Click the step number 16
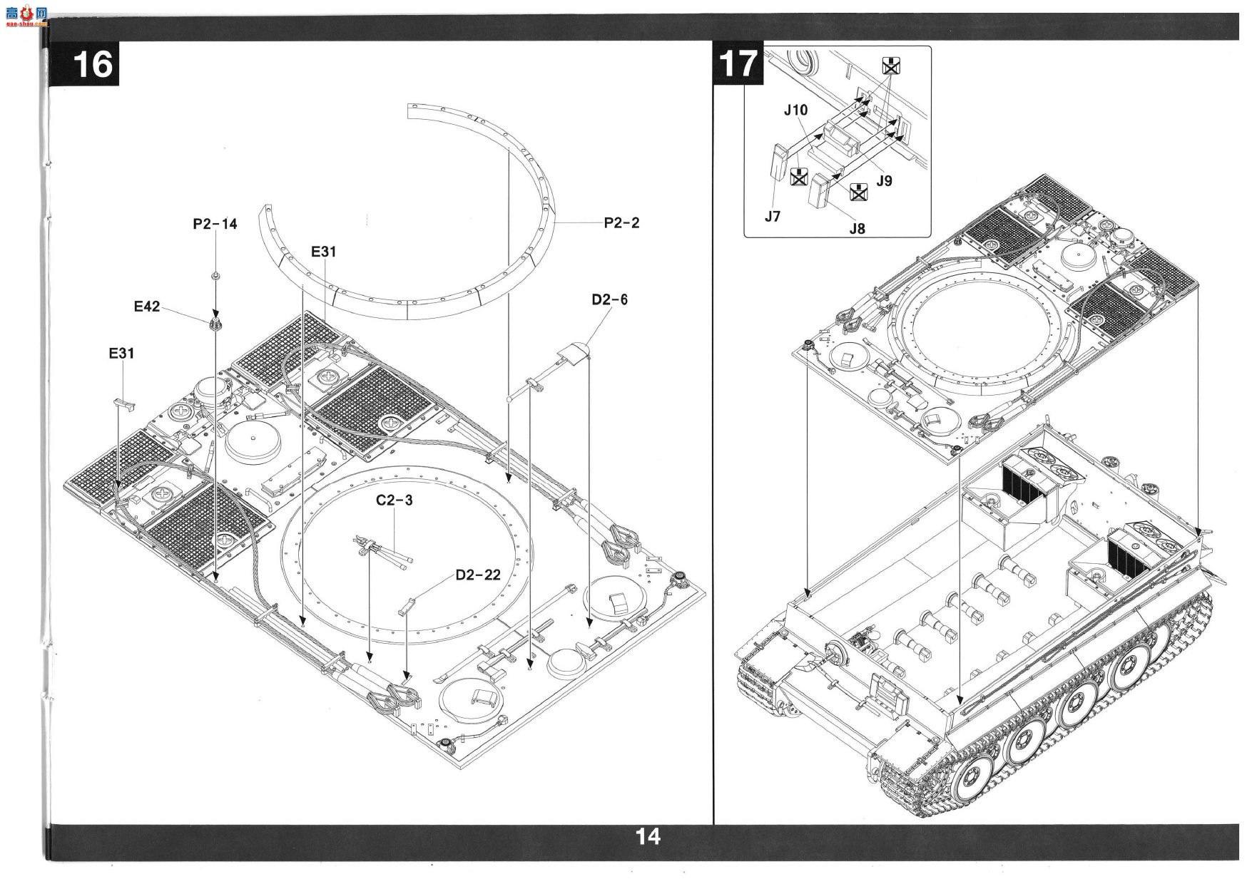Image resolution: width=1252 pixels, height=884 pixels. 93,65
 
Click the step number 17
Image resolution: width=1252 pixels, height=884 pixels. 738,63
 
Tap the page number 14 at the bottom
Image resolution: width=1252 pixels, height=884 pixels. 648,836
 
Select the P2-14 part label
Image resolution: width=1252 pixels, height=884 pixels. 215,224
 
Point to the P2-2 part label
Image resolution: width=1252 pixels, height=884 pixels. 621,223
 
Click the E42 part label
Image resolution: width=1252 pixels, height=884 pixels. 147,307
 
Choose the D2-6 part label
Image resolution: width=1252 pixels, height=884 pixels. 609,299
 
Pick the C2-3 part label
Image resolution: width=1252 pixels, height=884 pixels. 395,500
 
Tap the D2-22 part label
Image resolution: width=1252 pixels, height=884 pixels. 478,575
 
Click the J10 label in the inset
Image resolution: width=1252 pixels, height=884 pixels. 795,110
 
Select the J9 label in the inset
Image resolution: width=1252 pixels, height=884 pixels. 884,181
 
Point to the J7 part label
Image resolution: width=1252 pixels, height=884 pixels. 773,217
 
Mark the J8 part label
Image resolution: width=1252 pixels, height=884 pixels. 857,229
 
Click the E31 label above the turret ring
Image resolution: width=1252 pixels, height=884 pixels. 323,252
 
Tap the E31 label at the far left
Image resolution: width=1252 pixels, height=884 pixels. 121,354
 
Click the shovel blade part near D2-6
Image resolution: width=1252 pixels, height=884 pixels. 576,352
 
